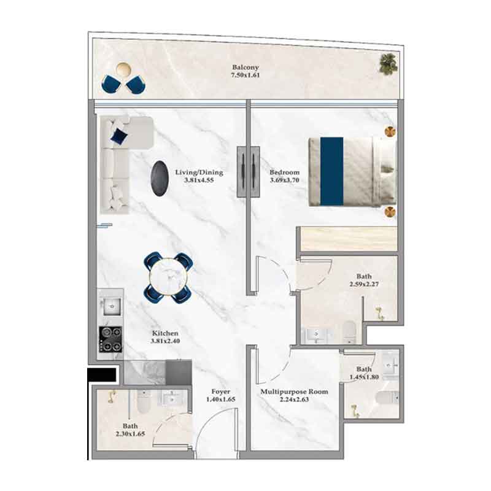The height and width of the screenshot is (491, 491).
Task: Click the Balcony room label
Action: coord(245,68)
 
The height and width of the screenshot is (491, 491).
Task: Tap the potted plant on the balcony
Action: coord(389,64)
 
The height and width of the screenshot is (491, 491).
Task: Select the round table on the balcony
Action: coord(123,69)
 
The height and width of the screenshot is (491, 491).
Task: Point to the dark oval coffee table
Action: coord(160,179)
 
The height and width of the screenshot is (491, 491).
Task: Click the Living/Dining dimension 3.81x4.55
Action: coord(199,180)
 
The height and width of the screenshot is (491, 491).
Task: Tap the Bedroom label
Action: coord(284,172)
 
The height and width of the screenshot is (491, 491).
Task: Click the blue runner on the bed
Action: coord(331,171)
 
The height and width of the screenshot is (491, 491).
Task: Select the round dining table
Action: coord(168,277)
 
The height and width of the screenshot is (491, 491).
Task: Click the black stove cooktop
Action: coord(110,339)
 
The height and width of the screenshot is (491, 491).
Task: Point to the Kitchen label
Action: coord(165,333)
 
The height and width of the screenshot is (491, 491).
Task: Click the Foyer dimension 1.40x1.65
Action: coord(221,400)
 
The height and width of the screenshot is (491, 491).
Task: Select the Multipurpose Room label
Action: coord(295,392)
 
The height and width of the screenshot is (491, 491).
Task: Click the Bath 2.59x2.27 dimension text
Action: coord(364,284)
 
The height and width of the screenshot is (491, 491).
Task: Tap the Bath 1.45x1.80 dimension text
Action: coord(364,377)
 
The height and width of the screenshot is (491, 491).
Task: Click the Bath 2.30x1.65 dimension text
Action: coord(130,434)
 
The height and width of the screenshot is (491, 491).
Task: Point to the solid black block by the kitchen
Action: coord(102,374)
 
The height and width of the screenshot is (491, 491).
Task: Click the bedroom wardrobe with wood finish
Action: coord(349,239)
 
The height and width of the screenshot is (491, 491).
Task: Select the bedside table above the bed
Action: coord(390,131)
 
